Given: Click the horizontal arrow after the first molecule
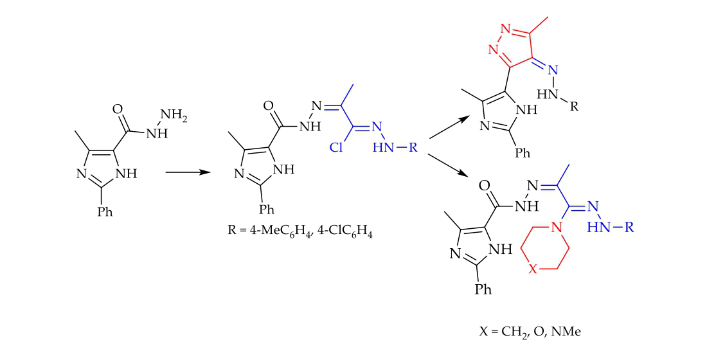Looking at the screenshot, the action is coord(188,172).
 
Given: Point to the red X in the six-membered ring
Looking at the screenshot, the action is coord(533,269).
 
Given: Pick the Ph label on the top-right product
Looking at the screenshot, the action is coord(523,154).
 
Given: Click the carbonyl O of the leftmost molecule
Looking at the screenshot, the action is coord(118,109).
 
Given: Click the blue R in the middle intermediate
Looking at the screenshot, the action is coord(413,148).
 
